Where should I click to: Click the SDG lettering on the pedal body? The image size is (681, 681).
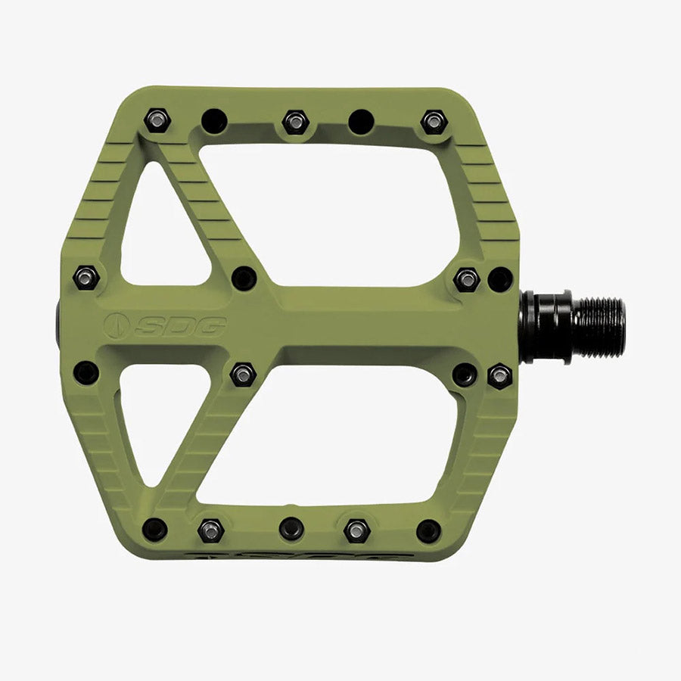tap(180, 326)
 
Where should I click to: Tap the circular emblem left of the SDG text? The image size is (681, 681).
tap(117, 326)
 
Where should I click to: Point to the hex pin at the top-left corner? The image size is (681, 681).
tap(157, 119)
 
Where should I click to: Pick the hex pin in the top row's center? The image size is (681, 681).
tap(294, 121)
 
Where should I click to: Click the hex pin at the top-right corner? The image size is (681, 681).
tap(434, 121)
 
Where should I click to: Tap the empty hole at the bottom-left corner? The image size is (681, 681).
tap(155, 529)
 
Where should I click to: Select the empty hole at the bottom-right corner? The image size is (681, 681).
tap(428, 530)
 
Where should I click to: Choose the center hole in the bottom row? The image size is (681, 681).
tap(291, 529)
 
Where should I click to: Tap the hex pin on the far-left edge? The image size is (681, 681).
tap(86, 277)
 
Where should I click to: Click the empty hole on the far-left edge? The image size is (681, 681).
tap(86, 372)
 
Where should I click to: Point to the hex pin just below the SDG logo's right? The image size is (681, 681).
tap(242, 374)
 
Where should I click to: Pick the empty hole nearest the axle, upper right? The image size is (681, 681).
tap(500, 279)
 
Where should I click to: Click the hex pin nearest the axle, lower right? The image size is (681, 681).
tap(499, 375)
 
